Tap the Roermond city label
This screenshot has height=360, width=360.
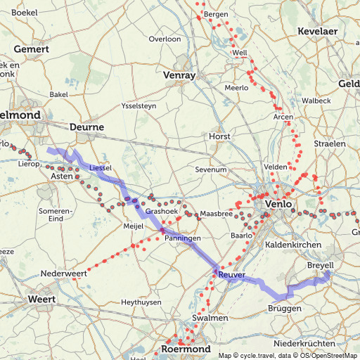point(186,349)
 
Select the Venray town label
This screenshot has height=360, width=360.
point(179,75)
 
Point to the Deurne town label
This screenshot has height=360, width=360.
point(87,127)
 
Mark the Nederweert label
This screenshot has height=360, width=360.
point(64,273)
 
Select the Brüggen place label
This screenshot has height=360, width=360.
point(285,309)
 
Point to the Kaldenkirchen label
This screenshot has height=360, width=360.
point(295,244)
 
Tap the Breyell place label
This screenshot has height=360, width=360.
point(321,265)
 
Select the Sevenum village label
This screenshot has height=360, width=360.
point(211,169)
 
